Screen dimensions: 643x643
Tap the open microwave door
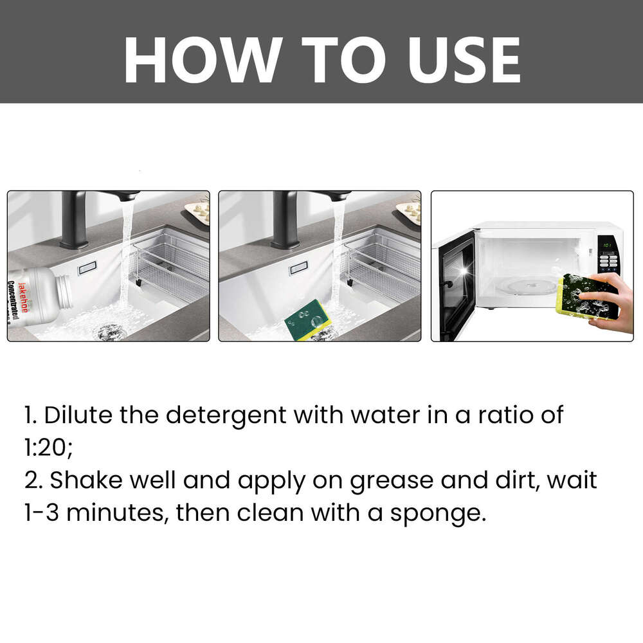[455, 286]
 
